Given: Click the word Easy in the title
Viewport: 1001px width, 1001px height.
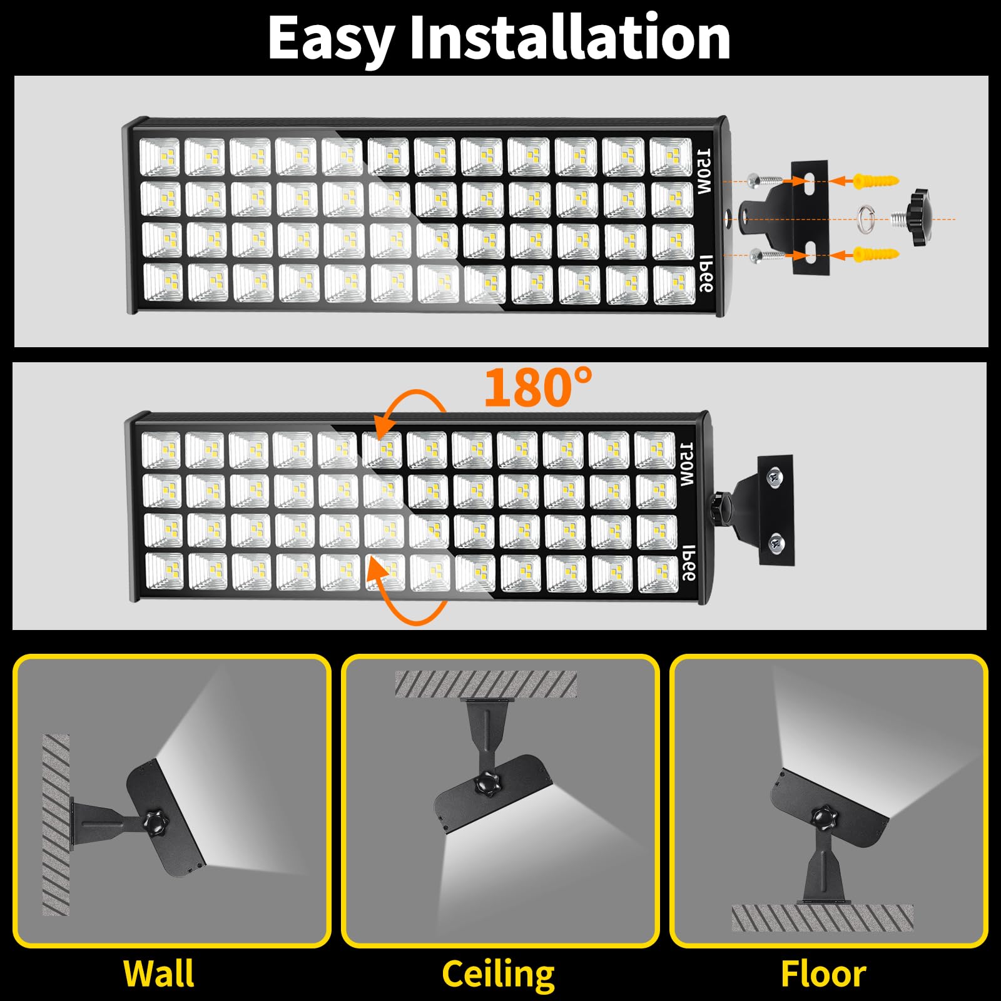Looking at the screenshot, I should point(330,39).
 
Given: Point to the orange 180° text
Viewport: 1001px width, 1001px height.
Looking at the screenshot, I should point(537,388).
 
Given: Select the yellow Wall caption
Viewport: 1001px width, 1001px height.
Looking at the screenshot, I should point(159,973).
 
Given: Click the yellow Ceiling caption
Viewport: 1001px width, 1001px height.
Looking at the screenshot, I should point(498,973).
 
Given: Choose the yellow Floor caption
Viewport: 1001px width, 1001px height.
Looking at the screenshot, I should point(823,973).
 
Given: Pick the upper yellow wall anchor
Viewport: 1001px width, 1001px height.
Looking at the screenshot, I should point(875,181).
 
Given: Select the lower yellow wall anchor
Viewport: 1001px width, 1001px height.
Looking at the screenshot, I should point(875,255).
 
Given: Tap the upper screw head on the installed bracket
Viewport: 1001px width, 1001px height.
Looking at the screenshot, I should point(776,477).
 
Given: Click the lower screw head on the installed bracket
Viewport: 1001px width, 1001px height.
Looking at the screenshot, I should point(776,542).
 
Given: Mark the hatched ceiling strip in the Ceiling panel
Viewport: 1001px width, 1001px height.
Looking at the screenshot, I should point(485,684).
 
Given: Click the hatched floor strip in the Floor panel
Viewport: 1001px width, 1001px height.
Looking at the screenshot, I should point(822,918).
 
